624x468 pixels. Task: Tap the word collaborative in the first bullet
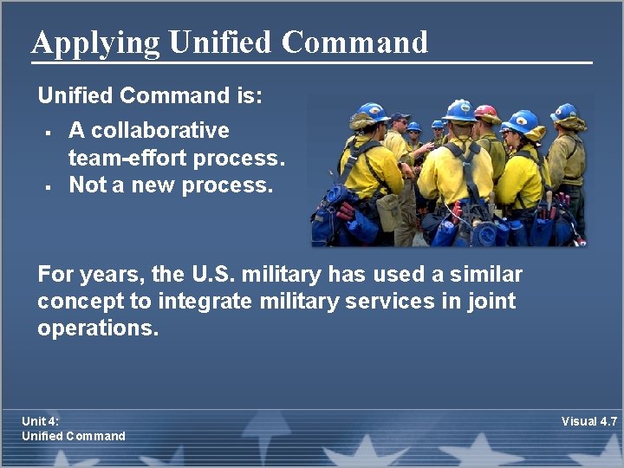160,131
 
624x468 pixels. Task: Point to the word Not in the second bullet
86,185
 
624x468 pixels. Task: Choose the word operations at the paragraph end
98,328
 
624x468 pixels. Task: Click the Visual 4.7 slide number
588,421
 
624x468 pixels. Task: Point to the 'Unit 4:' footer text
41,421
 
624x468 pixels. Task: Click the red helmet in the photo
486,113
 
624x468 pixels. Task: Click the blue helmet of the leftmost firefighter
373,112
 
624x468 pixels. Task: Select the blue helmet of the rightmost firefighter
564,112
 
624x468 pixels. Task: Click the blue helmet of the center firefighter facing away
458,111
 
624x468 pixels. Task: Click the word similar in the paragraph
489,276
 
